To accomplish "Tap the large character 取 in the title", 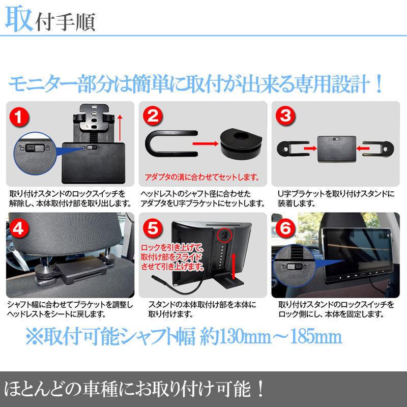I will [19, 20].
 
